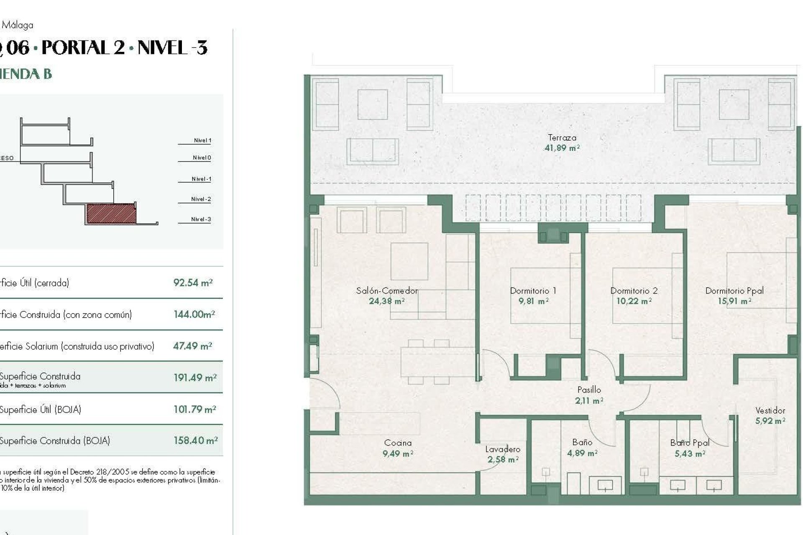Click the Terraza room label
(562, 138)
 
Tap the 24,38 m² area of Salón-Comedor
(386, 301)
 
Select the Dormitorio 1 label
(533, 290)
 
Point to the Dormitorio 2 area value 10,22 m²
(634, 301)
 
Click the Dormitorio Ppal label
(734, 290)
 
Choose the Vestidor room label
(770, 410)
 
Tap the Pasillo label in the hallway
(589, 390)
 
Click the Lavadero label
(503, 449)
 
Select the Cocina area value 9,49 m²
(397, 453)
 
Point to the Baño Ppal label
(690, 443)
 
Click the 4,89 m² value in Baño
(582, 453)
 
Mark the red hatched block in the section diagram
(111, 213)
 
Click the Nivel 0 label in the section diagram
(202, 158)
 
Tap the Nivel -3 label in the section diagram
(201, 219)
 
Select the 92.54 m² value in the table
(193, 283)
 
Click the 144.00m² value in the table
(194, 314)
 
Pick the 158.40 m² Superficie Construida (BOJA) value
(195, 441)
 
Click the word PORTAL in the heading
(83, 48)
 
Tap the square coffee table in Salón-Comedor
(409, 261)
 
